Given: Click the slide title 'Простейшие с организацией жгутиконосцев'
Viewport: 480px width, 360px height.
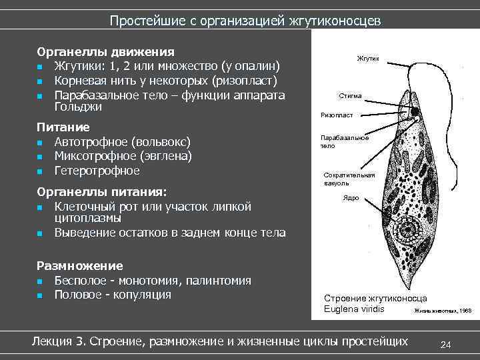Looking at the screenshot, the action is tap(245, 21).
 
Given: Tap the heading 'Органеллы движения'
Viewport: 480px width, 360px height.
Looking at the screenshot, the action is tap(106, 52).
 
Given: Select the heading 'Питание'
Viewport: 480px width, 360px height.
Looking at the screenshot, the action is tap(63, 127).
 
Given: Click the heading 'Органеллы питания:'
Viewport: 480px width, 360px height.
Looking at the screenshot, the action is tap(101, 192).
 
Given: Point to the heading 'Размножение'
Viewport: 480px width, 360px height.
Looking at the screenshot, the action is tap(80, 265).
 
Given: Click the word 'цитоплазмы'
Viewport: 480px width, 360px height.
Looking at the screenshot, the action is tap(88, 218).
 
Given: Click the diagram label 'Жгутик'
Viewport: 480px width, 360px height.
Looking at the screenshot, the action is tap(368, 59).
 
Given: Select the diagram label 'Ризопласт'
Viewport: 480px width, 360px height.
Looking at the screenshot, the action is tap(337, 115).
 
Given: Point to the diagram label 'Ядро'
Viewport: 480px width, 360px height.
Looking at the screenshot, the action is tap(351, 198).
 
